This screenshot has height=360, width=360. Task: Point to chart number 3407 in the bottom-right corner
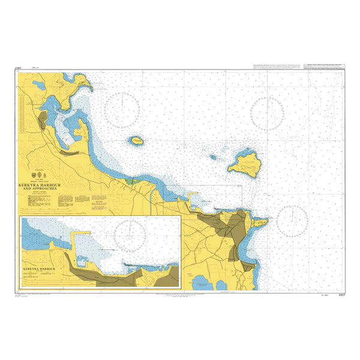tap(341, 295)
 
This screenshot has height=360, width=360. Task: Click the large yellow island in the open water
tap(246, 162)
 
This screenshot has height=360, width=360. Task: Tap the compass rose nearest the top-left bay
tap(122, 111)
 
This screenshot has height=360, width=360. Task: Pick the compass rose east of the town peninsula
tap(292, 220)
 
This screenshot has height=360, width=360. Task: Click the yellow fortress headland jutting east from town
tap(260, 223)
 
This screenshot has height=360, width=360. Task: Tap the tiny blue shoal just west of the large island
tap(213, 158)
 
